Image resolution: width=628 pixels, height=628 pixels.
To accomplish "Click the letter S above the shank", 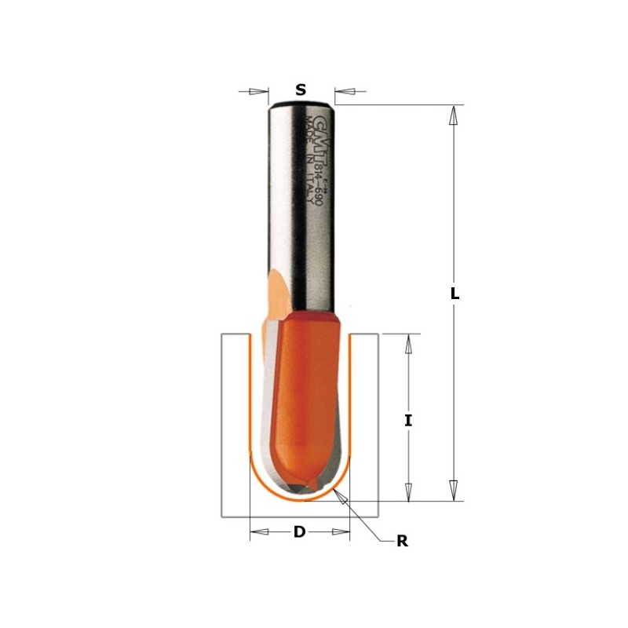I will [x=301, y=90].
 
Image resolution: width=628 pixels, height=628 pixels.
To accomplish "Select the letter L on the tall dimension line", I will [x=454, y=294].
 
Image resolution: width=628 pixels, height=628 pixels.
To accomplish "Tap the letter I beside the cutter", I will [x=408, y=420].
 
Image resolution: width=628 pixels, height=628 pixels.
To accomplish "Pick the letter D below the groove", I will [x=299, y=532].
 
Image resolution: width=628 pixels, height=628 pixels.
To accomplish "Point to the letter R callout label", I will [x=402, y=541].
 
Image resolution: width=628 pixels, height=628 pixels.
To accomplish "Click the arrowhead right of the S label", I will [x=345, y=92].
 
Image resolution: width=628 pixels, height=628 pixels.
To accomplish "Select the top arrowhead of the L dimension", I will [x=453, y=115].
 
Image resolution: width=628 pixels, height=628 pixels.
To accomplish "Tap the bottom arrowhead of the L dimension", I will [x=453, y=490].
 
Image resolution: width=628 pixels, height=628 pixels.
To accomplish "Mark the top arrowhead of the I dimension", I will [x=408, y=344].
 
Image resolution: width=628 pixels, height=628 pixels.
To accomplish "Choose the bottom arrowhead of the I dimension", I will [x=408, y=491].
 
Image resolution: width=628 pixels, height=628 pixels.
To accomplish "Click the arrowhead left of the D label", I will [x=260, y=532].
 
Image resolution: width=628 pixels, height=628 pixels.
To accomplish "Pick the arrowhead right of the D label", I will [x=339, y=532].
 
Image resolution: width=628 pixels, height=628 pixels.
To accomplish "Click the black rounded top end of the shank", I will [x=301, y=103].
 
